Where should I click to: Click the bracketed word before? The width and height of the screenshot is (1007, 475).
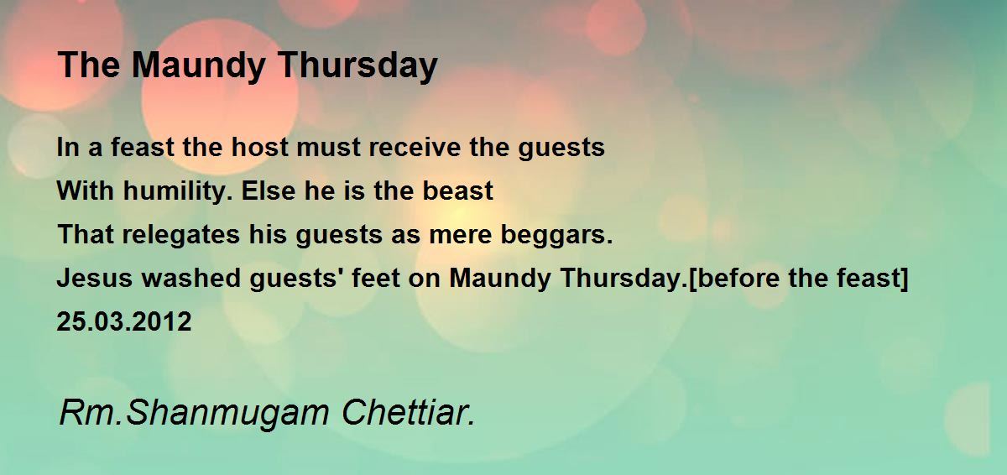(738, 279)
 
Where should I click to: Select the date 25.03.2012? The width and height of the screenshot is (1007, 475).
(124, 322)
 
